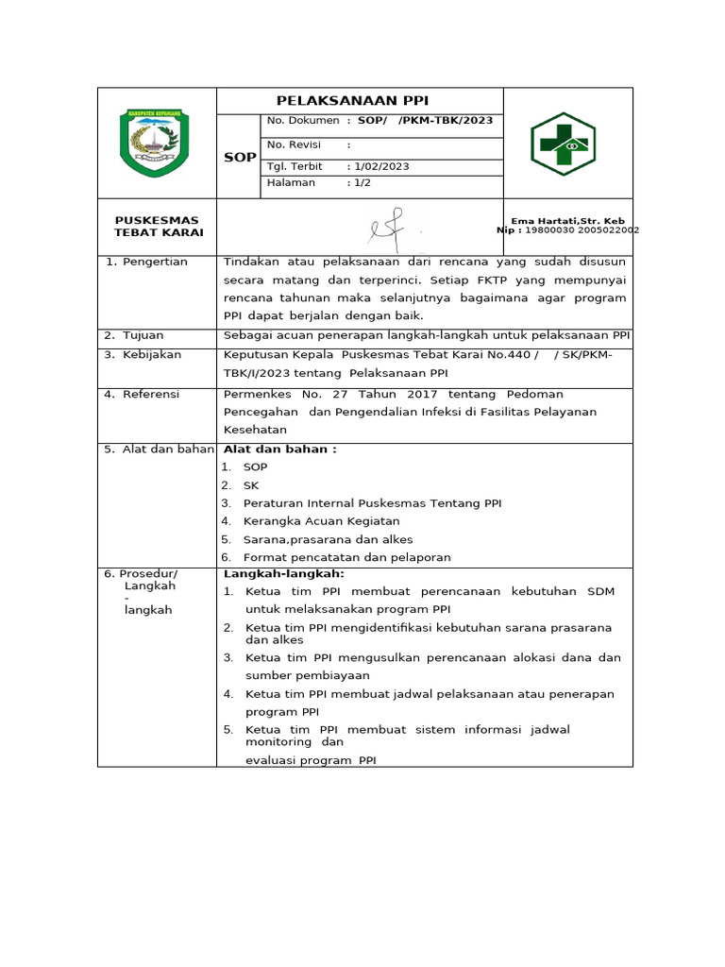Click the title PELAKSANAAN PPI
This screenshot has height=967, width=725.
358,101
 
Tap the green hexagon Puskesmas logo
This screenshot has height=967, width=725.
564,144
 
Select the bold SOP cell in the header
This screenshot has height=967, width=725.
239,157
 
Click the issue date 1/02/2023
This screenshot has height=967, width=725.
380,166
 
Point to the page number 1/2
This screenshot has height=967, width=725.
362,182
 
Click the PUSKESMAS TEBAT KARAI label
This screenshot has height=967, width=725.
158,227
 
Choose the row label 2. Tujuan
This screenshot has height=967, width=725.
134,335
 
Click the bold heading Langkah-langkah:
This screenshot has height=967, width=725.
284,573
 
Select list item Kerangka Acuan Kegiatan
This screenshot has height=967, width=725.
321,521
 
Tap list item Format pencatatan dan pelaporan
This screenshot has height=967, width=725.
346,557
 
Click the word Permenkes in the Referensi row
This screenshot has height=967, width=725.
254,394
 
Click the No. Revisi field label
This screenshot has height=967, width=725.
294,144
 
